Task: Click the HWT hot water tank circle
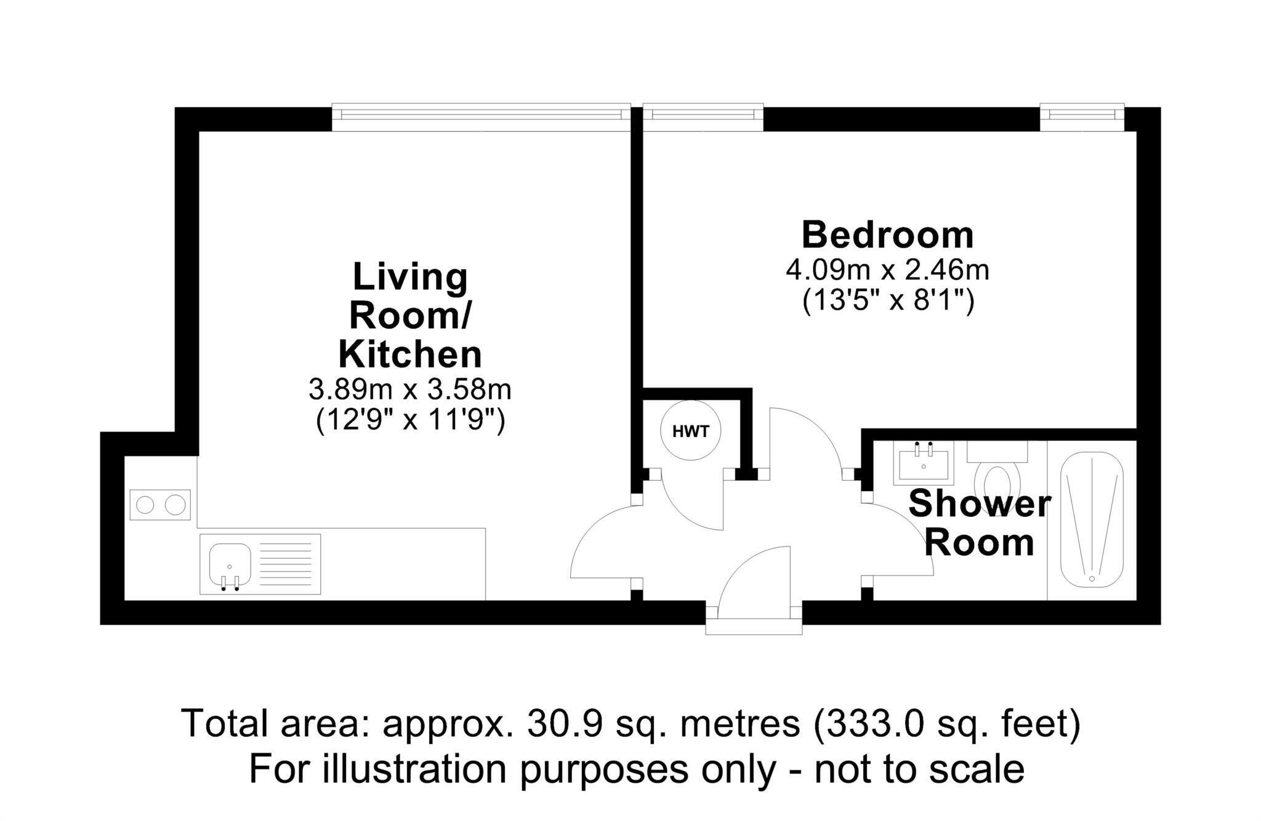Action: click(690, 431)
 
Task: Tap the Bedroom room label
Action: click(887, 235)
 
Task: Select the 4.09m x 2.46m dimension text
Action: click(887, 270)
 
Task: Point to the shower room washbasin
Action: click(924, 461)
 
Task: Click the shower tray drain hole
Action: click(1092, 579)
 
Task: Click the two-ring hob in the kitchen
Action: click(160, 505)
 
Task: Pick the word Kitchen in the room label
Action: click(410, 354)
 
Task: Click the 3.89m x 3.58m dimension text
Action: click(410, 389)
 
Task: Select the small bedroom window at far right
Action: click(1082, 118)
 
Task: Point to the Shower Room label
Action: click(979, 523)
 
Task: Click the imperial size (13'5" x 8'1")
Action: click(888, 302)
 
